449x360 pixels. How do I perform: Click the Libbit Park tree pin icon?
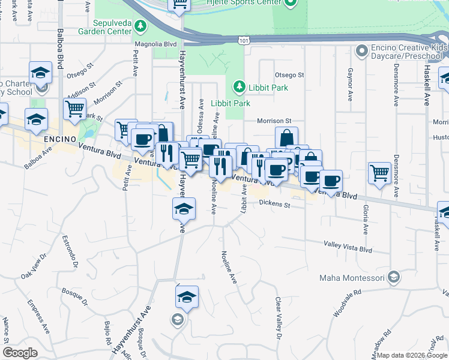[x=239, y=88]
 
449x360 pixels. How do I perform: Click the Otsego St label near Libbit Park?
[x=289, y=75]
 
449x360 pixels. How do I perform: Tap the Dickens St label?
[x=275, y=205]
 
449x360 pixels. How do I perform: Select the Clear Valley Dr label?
[x=278, y=318]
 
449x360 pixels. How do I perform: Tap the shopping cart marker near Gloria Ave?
[x=379, y=173]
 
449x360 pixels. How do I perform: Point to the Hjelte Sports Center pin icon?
[x=290, y=3]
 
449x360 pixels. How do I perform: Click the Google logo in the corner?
[x=20, y=353]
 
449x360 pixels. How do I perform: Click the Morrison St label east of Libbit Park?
[x=274, y=121]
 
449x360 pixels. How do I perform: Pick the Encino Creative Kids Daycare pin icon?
[x=361, y=51]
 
